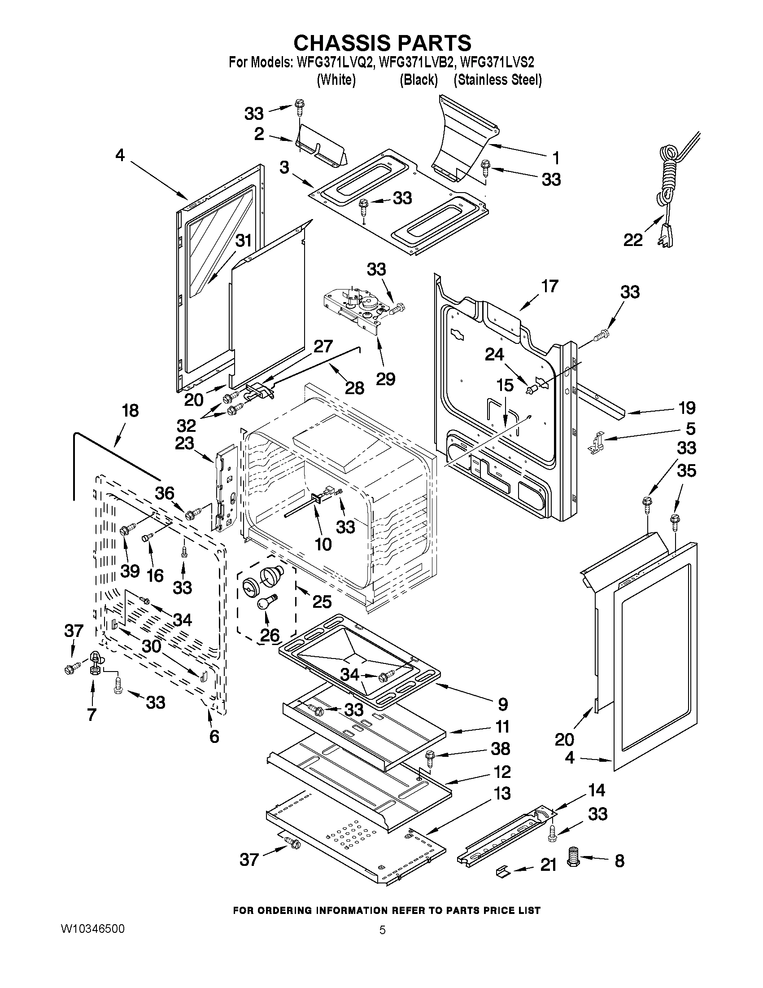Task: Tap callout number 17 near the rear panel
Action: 549,286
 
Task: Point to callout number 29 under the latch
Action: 386,378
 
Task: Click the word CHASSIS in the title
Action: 342,43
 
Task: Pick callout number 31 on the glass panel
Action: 244,240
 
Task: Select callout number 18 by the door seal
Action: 130,411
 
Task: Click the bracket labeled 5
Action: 597,443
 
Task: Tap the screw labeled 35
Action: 674,522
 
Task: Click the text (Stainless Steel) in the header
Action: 497,80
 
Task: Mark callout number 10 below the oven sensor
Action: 323,544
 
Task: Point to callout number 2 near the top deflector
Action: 259,134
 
